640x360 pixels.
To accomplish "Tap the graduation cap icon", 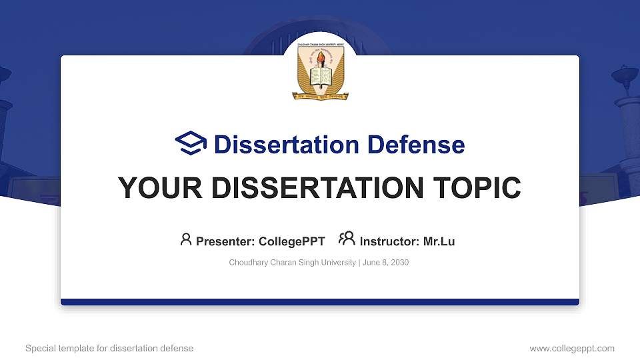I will pyautogui.click(x=191, y=143).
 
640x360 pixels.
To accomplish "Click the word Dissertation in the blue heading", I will pyautogui.click(x=278, y=145).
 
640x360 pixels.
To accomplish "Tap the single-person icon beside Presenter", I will pyautogui.click(x=186, y=239).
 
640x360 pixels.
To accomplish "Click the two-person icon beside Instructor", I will pyautogui.click(x=347, y=239).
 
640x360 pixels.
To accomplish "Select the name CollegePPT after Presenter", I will pyautogui.click(x=292, y=241).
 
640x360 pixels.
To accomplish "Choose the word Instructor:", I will pyautogui.click(x=389, y=241).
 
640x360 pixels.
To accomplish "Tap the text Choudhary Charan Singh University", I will pyautogui.click(x=292, y=263).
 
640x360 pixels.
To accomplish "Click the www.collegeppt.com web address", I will pyautogui.click(x=571, y=348).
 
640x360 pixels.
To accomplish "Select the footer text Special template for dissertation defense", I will pyautogui.click(x=109, y=348).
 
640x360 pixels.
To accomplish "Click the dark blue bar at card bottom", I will pyautogui.click(x=320, y=302).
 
